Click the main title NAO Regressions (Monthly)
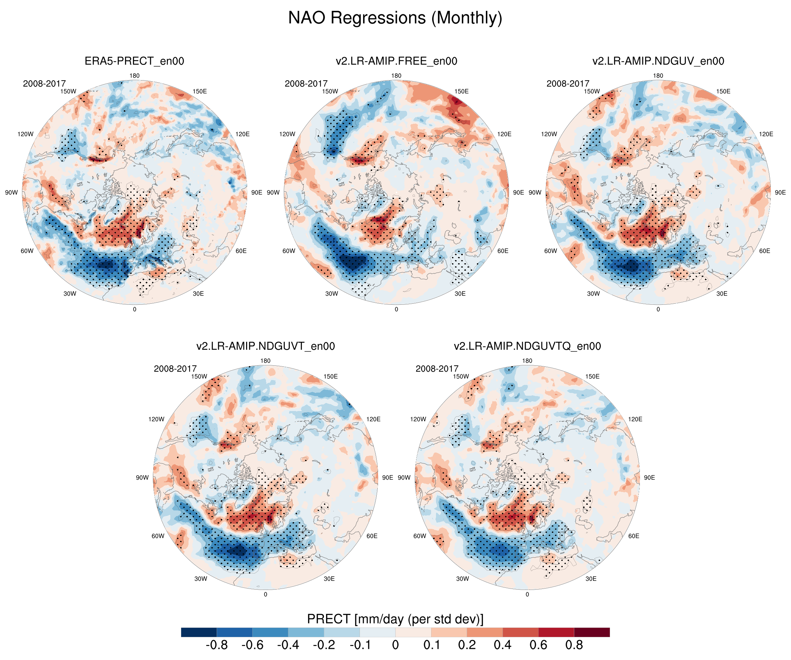[395, 18]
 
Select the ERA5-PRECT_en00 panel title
[134, 61]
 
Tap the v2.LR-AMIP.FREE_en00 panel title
[396, 61]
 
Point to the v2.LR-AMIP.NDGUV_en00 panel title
[658, 61]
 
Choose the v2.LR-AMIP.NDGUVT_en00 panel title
[265, 346]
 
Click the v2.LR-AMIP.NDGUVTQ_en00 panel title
[527, 346]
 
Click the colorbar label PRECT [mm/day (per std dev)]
[395, 619]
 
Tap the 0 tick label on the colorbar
[395, 645]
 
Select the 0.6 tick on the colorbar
[538, 645]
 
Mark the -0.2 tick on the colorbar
[324, 645]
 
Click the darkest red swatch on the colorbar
[592, 632]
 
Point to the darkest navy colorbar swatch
[199, 632]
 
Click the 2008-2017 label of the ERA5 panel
[44, 84]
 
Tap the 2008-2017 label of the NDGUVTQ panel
[437, 369]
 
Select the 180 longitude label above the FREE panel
[396, 76]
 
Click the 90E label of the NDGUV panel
[780, 192]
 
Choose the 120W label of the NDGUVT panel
[156, 419]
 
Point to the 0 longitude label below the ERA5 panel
[134, 309]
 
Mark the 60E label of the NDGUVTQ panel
[634, 536]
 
